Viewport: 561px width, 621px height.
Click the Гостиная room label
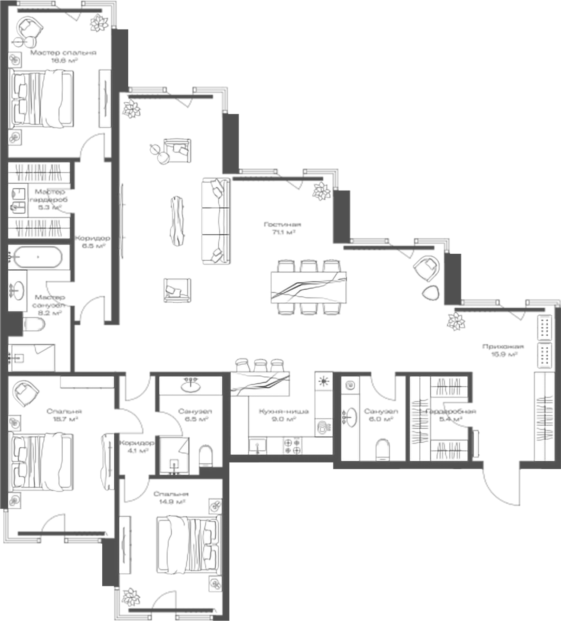[x=282, y=224]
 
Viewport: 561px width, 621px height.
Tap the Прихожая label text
[x=503, y=346]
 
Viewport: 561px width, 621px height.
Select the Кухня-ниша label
[x=283, y=411]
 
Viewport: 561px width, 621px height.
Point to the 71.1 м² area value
[x=282, y=233]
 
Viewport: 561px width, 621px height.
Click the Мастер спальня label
[x=63, y=53]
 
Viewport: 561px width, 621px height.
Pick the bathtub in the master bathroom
[x=38, y=257]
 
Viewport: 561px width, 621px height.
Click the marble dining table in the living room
[x=309, y=287]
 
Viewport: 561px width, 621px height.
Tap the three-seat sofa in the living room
[x=215, y=221]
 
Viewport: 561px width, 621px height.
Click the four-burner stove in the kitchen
[x=292, y=446]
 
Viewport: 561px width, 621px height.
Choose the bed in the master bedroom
[x=42, y=99]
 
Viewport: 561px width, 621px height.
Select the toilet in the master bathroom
[x=34, y=324]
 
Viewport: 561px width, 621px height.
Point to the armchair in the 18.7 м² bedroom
[x=26, y=392]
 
